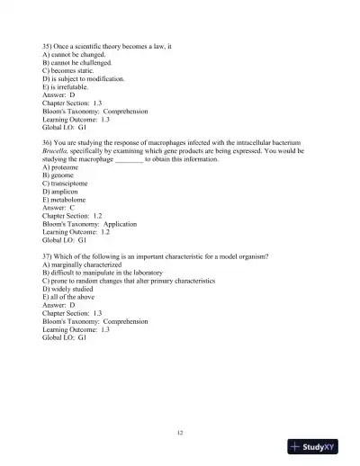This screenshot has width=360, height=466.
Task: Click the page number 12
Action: click(x=180, y=433)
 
